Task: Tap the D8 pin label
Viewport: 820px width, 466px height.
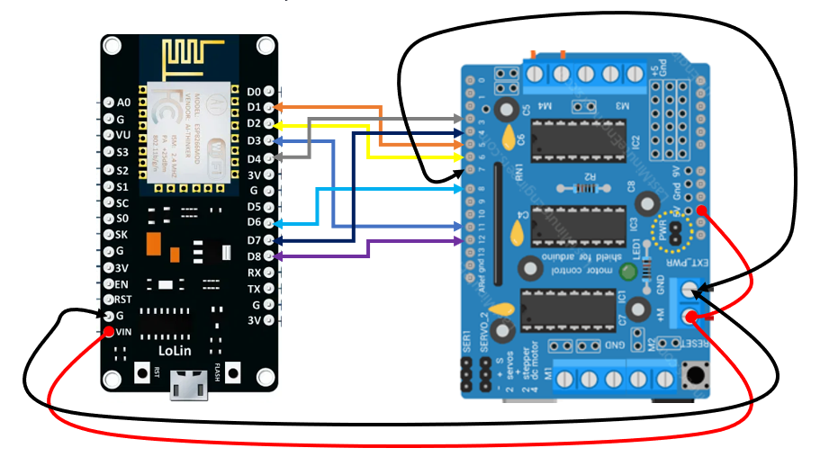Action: pyautogui.click(x=254, y=256)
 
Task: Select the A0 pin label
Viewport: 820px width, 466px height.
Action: pyautogui.click(x=123, y=103)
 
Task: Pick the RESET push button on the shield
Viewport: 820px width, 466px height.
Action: pyautogui.click(x=694, y=372)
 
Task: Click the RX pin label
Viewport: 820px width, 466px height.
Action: pyautogui.click(x=254, y=273)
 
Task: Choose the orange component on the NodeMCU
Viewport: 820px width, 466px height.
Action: pyautogui.click(x=153, y=243)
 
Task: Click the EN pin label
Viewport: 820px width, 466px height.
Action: pyautogui.click(x=122, y=284)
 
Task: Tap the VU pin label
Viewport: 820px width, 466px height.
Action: pyautogui.click(x=123, y=135)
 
